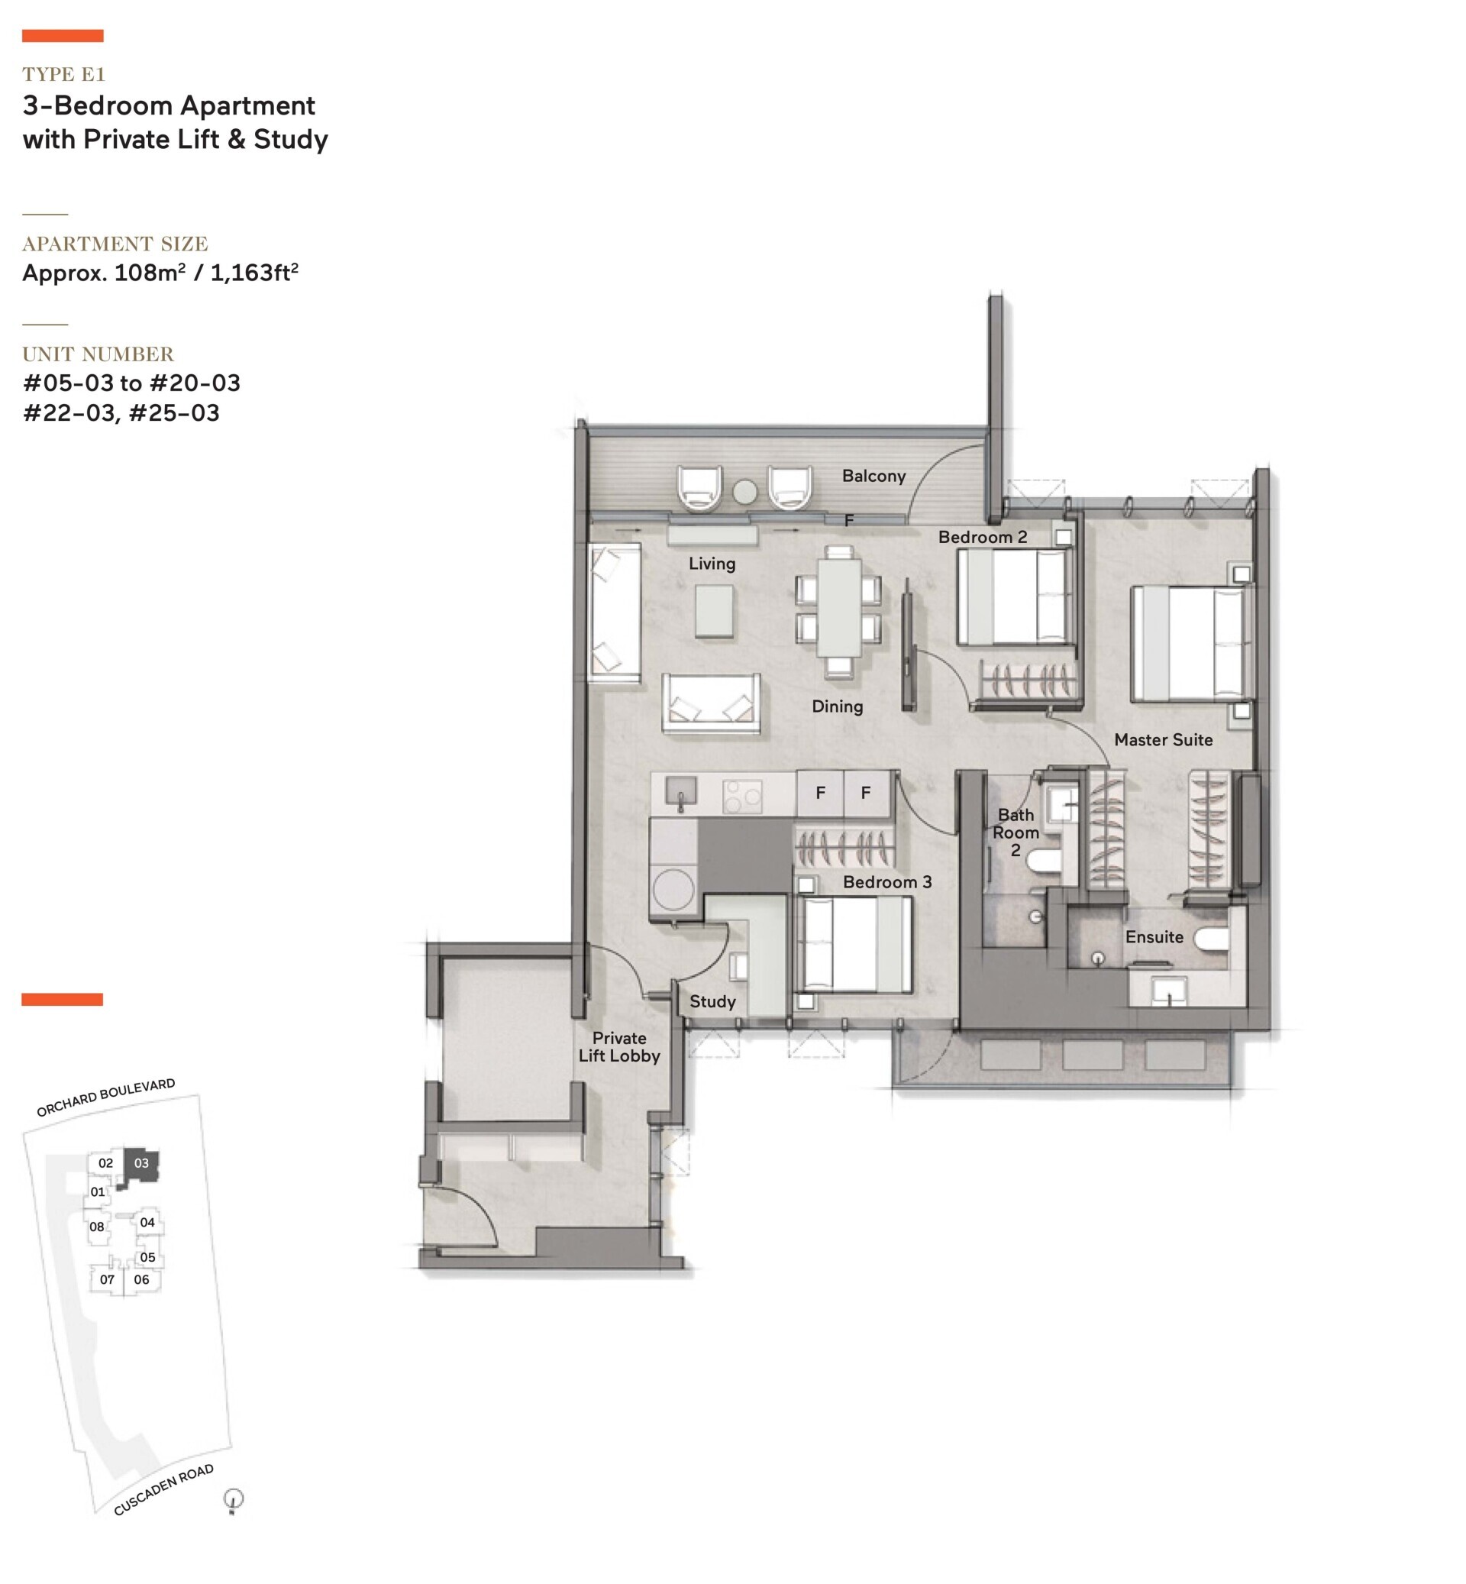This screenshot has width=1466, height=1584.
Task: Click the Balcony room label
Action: click(873, 476)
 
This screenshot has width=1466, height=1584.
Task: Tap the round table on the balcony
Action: click(745, 492)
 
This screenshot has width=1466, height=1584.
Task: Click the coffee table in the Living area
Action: click(714, 610)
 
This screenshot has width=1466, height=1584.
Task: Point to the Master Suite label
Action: click(1163, 739)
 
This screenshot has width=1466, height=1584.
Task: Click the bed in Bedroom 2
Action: click(1014, 596)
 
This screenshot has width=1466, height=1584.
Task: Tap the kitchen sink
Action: click(680, 791)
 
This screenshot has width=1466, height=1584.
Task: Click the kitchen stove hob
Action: click(742, 796)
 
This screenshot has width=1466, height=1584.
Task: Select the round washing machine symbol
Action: click(673, 890)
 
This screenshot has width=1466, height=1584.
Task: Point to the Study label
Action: click(712, 1001)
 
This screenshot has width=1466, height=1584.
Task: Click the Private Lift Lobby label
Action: click(618, 1047)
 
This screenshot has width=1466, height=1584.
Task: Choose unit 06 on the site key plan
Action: click(141, 1279)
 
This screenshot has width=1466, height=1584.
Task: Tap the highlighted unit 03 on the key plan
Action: click(141, 1165)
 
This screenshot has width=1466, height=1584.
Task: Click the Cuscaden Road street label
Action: click(163, 1489)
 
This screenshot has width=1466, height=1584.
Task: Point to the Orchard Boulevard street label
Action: click(105, 1097)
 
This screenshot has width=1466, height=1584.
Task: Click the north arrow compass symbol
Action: click(233, 1500)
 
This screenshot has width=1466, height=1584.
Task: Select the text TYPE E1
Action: click(63, 75)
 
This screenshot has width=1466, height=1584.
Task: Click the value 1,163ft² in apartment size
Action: click(253, 272)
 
